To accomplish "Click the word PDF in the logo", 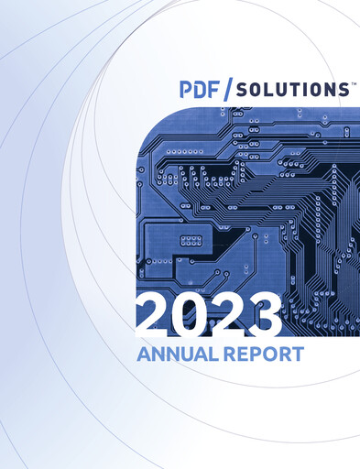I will [200, 90].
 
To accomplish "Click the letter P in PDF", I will [187, 90].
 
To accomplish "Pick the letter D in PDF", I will [201, 90].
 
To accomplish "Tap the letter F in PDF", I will [214, 90].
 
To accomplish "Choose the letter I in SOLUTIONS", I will [304, 90].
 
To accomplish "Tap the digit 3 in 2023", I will [262, 314].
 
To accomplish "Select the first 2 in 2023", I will [154, 314].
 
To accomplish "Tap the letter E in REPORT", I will [240, 353].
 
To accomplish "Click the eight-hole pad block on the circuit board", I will [191, 240].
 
